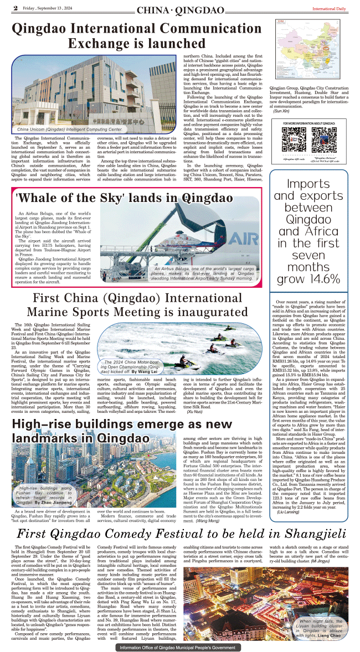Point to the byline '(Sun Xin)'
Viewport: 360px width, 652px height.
281,111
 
